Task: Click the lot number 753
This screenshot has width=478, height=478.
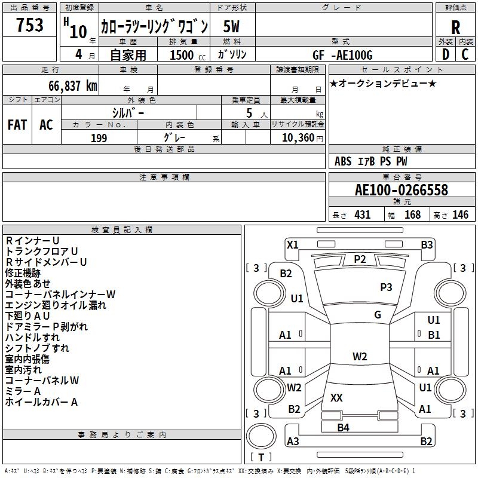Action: pyautogui.click(x=30, y=26)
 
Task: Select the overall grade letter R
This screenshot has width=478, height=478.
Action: pyautogui.click(x=456, y=27)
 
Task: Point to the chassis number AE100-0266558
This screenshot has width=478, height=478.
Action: pyautogui.click(x=402, y=191)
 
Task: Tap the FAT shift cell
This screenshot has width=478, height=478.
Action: pyautogui.click(x=17, y=124)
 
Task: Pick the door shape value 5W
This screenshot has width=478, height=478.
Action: pyautogui.click(x=232, y=27)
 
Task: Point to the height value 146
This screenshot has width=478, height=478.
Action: pyautogui.click(x=460, y=215)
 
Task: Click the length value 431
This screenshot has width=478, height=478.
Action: pyautogui.click(x=362, y=215)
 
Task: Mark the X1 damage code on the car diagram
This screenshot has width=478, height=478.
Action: pyautogui.click(x=292, y=244)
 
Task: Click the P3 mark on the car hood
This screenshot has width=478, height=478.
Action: pyautogui.click(x=386, y=287)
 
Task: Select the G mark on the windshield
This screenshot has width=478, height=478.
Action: pyautogui.click(x=378, y=315)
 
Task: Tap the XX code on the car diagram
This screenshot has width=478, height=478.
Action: pyautogui.click(x=336, y=397)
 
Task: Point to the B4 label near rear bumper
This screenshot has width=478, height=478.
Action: pyautogui.click(x=343, y=427)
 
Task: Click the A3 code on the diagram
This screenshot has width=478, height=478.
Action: pyautogui.click(x=293, y=442)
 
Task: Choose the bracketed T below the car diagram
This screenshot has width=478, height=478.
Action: pyautogui.click(x=261, y=458)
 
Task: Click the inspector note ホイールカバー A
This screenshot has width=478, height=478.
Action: pyautogui.click(x=42, y=402)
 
